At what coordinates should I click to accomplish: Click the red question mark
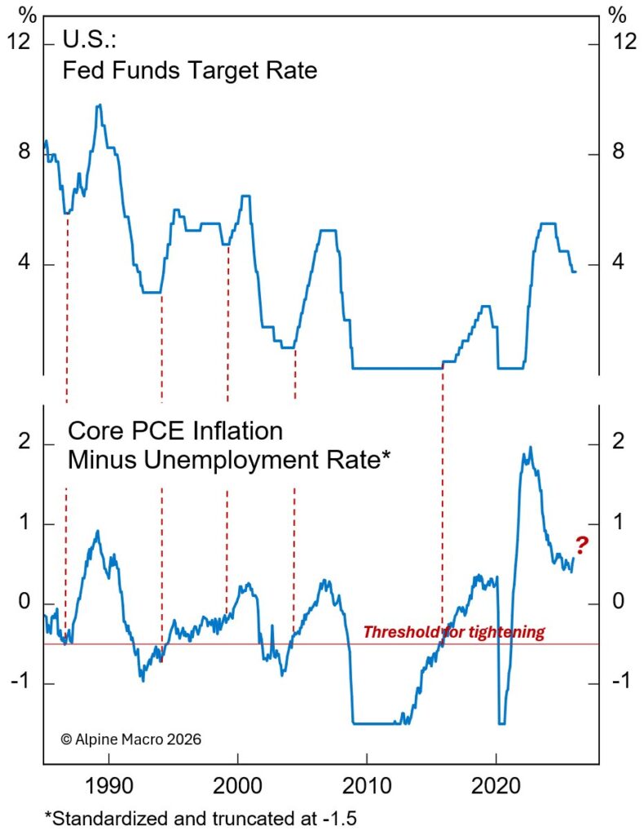tap(582, 545)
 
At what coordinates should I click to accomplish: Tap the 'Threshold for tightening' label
tap(453, 632)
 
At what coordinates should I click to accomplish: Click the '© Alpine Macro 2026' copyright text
tap(130, 739)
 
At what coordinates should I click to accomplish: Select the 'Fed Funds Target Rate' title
tap(190, 71)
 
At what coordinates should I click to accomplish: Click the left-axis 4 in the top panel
tap(24, 265)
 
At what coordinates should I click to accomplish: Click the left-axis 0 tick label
tap(24, 603)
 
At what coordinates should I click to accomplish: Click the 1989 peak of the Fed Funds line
tap(99, 105)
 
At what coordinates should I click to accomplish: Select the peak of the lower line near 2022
tap(531, 448)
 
